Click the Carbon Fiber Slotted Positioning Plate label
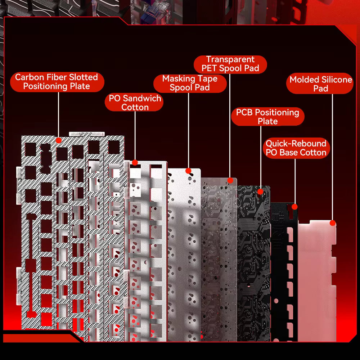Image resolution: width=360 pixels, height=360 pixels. point(57,82)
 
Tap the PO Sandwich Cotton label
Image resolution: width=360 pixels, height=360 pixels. point(134,102)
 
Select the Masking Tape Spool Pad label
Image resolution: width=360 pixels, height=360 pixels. point(190,83)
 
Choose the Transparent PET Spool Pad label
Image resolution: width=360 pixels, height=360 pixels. point(230,64)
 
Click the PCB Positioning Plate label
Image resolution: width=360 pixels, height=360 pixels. point(268,117)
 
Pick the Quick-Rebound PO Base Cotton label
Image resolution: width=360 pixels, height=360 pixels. point(296,148)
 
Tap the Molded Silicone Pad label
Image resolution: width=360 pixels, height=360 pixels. point(320,84)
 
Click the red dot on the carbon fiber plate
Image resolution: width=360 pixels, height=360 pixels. point(59,140)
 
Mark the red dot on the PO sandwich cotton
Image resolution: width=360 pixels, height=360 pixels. point(135,163)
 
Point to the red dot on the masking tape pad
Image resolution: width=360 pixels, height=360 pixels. point(188,171)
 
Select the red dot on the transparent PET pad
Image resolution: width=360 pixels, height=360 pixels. point(230,180)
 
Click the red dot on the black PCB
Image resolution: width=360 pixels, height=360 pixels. point(260,192)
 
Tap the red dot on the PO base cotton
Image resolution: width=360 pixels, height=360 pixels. point(294,207)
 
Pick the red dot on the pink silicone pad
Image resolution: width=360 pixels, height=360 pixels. point(333,223)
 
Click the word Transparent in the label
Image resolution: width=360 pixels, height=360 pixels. point(230,59)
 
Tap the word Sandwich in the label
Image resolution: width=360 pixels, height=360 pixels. point(142,98)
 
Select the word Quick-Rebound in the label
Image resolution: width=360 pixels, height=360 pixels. point(296,144)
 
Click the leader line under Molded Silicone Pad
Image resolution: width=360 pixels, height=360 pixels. point(332,157)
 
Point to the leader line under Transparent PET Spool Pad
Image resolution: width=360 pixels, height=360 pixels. point(230,126)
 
